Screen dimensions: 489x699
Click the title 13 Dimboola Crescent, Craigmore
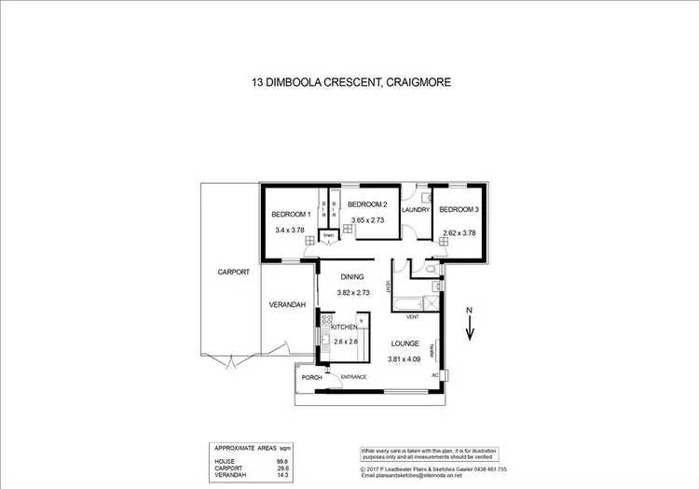(x=349, y=83)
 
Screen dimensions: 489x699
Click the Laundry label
(x=415, y=210)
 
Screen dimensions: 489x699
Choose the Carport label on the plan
(x=233, y=272)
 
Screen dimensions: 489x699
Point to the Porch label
(x=310, y=378)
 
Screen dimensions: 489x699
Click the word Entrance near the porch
(x=352, y=377)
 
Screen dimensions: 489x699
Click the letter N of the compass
(x=472, y=309)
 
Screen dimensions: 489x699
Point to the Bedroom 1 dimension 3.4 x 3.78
(x=290, y=230)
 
